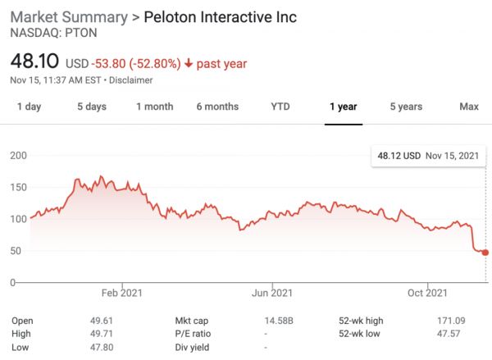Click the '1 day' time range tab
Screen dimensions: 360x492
click(x=29, y=107)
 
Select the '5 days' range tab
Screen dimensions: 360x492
click(x=92, y=107)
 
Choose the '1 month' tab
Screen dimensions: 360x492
click(x=155, y=107)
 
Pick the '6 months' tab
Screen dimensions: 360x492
click(x=217, y=107)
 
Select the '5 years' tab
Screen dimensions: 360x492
click(x=406, y=107)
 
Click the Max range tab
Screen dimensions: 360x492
click(x=469, y=107)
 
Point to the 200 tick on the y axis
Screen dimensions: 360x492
click(x=19, y=155)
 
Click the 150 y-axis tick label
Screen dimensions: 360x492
click(x=19, y=187)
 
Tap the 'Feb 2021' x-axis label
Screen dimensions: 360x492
click(x=121, y=293)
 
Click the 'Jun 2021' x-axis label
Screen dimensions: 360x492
click(x=271, y=293)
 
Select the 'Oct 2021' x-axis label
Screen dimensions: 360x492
click(x=427, y=293)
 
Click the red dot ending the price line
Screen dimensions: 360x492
click(x=485, y=253)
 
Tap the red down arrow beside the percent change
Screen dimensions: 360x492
click(x=188, y=63)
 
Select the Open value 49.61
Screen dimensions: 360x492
click(x=102, y=321)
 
